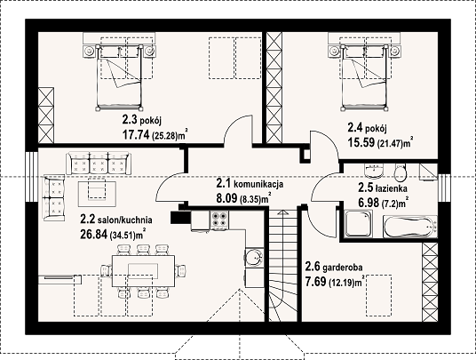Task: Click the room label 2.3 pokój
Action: (x=141, y=121)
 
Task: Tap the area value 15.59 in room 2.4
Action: (x=361, y=142)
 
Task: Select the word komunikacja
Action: (x=259, y=184)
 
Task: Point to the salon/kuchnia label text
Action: (x=124, y=220)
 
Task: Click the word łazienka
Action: (x=392, y=188)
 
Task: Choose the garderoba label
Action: (x=343, y=268)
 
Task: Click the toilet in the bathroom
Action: (x=401, y=172)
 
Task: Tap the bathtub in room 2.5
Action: (x=410, y=227)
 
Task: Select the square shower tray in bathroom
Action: (x=358, y=224)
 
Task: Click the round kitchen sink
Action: (x=254, y=258)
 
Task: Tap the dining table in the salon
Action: (x=144, y=271)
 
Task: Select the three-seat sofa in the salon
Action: (x=99, y=164)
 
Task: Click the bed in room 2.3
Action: (x=119, y=77)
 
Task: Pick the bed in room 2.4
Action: (x=365, y=77)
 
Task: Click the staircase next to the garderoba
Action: (x=283, y=266)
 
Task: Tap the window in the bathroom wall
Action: (x=443, y=188)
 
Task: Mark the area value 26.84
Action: (x=94, y=235)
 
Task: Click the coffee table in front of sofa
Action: (x=97, y=194)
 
